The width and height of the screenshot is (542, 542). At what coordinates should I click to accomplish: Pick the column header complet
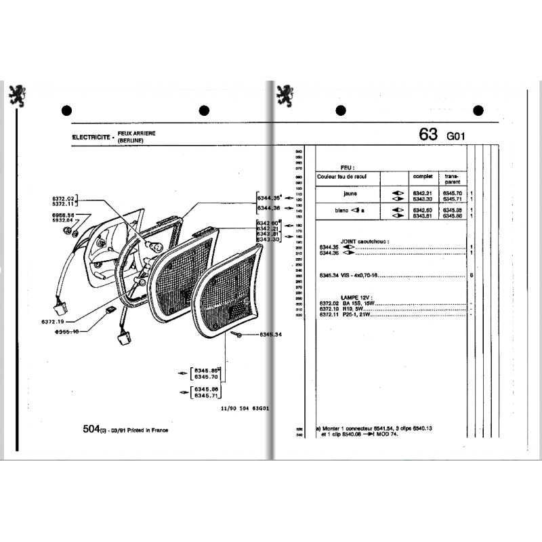point(421,175)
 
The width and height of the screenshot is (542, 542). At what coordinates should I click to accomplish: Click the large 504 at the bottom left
point(90,430)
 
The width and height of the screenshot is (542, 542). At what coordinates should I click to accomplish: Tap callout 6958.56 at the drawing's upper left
point(62,215)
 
